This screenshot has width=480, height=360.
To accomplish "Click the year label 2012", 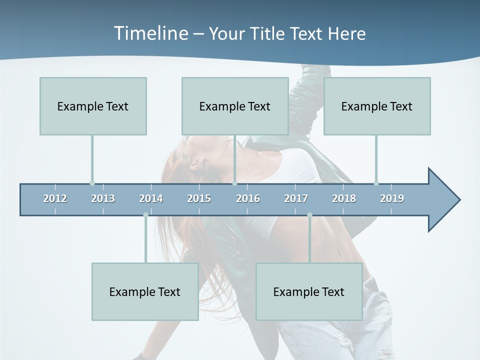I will (x=55, y=198).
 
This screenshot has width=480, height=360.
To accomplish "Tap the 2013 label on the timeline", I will (x=103, y=198).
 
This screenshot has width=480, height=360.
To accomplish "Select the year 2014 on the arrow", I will (x=151, y=198).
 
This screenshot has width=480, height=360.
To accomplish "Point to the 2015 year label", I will (x=199, y=198).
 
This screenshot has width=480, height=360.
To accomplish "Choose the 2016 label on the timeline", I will (x=248, y=198).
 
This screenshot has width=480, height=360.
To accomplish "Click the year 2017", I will (x=296, y=198).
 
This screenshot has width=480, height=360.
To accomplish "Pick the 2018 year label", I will (x=344, y=198).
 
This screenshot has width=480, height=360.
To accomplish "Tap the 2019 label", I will (x=392, y=198).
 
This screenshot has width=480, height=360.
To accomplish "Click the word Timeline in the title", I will (x=150, y=33).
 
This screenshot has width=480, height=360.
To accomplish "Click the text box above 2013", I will (x=93, y=106).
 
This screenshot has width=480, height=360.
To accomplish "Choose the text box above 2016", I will (x=235, y=106).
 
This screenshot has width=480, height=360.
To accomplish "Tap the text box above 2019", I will (x=377, y=106).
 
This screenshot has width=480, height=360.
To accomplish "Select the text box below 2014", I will (x=145, y=291).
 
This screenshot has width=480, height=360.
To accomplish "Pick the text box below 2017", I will (x=309, y=291).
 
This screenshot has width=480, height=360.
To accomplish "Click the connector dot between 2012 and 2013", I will (x=92, y=183).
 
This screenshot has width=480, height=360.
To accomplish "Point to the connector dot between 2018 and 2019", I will (x=376, y=183).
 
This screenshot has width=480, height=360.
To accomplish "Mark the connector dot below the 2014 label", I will (x=145, y=215).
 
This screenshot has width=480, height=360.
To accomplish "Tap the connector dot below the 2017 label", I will (x=309, y=215).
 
